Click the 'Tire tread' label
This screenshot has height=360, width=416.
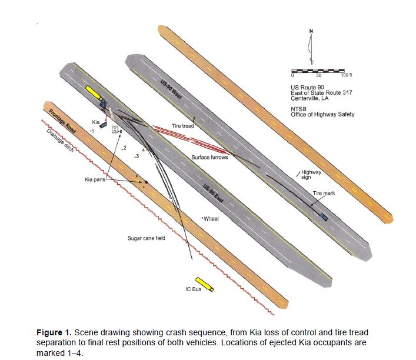click(x=183, y=126)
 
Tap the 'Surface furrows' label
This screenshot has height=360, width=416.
click(x=209, y=158)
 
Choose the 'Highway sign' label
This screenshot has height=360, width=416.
click(x=311, y=174)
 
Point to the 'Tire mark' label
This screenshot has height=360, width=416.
click(x=324, y=192)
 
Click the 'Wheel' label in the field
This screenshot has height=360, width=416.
click(x=211, y=219)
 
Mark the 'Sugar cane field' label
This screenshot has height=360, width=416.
click(x=147, y=238)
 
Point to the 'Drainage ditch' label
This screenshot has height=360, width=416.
click(x=57, y=141)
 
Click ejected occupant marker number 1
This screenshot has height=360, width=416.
click(x=92, y=131)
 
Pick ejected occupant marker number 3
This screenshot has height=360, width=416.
click(x=137, y=156)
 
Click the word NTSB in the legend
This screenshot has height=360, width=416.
click(x=300, y=109)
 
